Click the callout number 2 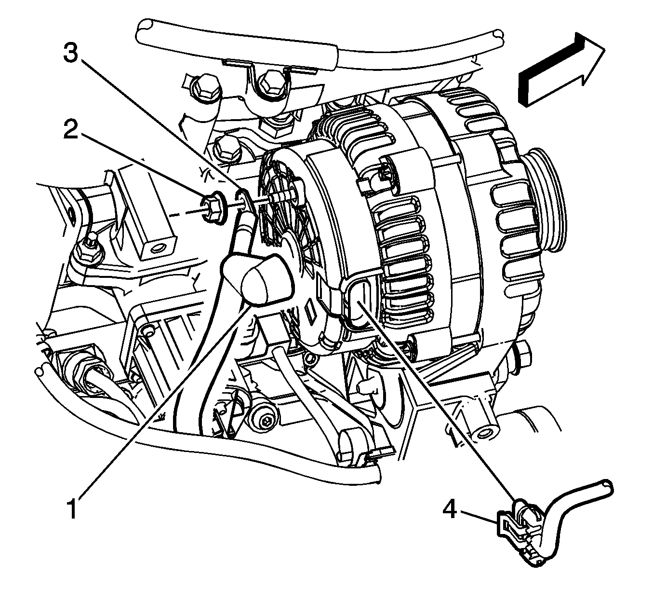point(71,129)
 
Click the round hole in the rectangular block point(157,248)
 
